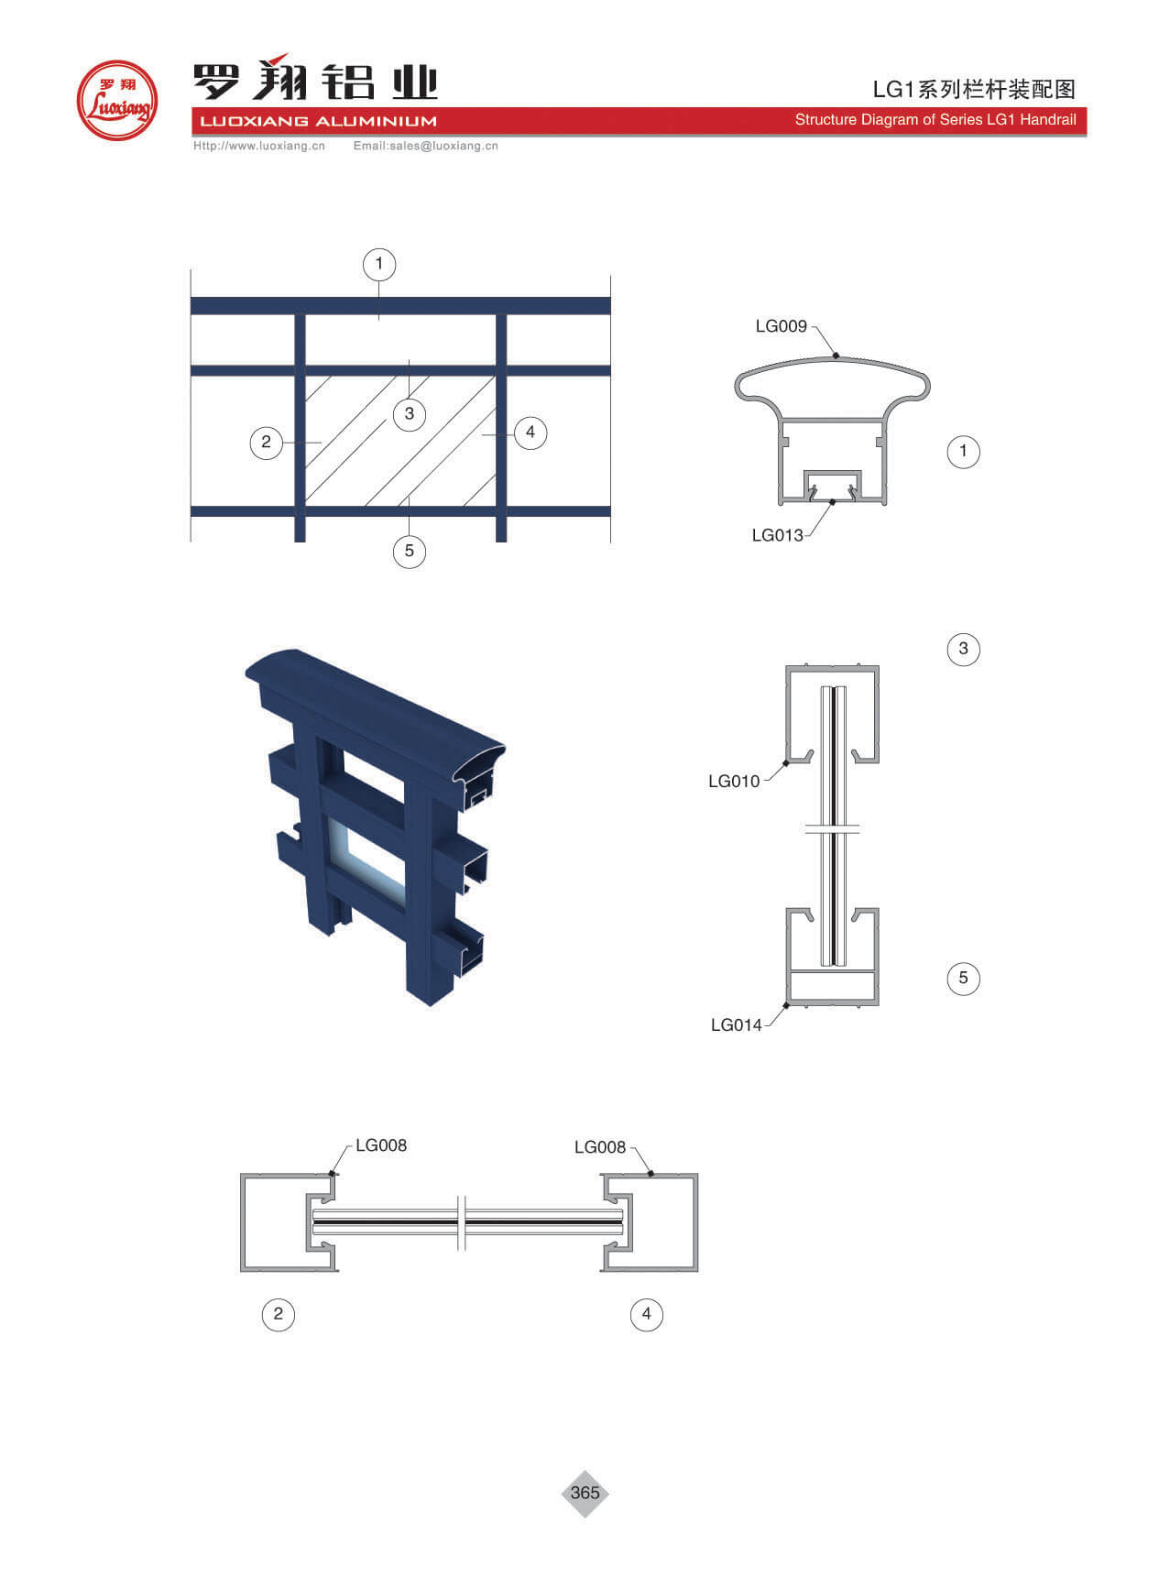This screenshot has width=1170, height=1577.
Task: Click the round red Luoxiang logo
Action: pos(117,100)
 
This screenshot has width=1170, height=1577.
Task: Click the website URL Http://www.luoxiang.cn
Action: pos(259,146)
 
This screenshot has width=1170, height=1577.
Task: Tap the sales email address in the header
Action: pos(426,146)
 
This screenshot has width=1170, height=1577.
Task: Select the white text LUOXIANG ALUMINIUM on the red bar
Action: pos(319,121)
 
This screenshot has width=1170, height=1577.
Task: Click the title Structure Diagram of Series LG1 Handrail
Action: pos(935,120)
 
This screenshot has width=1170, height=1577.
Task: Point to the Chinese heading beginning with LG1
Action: pos(974,89)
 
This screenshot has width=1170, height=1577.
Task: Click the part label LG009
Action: pos(781,326)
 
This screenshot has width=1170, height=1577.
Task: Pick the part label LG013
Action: pos(777,535)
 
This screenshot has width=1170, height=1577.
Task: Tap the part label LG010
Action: pos(734,781)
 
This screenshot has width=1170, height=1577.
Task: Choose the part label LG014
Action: pos(737,1024)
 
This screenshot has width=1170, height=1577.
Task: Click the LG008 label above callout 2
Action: pos(381,1145)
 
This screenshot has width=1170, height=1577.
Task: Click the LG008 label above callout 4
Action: pos(600,1147)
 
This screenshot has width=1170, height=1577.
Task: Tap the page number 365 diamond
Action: pos(585,1493)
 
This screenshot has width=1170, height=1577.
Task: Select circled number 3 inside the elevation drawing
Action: pos(410,413)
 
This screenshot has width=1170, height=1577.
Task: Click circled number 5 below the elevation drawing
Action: pos(410,551)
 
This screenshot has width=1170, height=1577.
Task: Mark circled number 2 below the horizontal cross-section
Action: pos(279,1314)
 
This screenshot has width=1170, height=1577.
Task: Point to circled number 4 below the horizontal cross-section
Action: pos(647,1314)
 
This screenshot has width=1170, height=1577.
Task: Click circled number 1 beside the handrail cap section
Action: pos(963,451)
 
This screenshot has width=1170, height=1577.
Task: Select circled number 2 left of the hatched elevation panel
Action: pos(267,443)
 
